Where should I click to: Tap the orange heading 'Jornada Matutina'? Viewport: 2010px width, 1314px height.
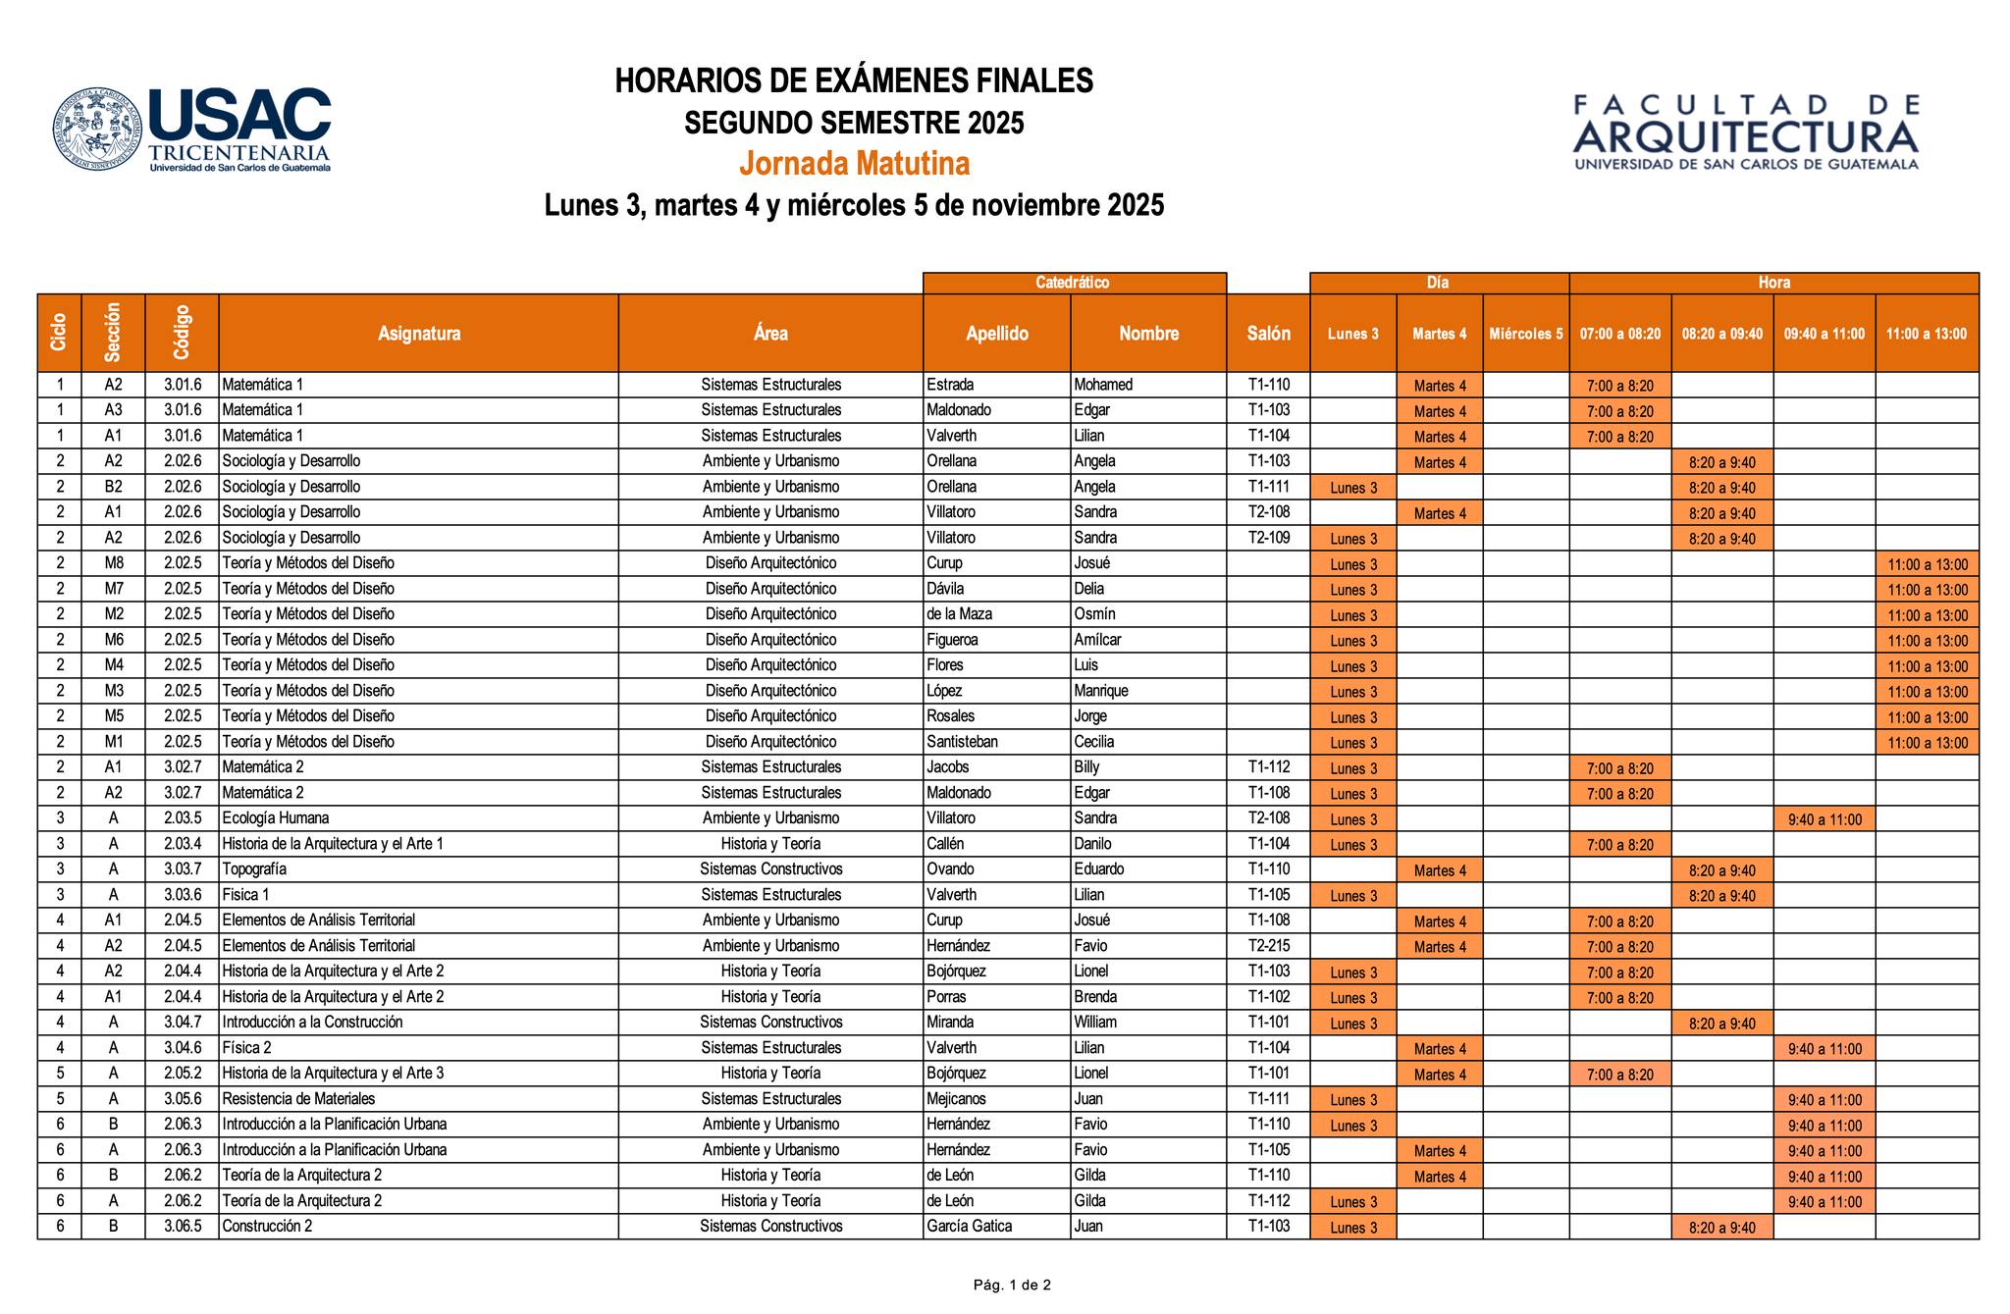point(854,163)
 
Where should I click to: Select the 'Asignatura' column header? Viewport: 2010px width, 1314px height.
point(419,334)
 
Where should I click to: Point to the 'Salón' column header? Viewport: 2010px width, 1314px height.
point(1268,334)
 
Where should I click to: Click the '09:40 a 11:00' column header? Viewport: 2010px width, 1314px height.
point(1824,334)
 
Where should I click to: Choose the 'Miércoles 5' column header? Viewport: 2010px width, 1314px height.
point(1525,334)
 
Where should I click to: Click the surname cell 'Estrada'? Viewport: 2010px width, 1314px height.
point(950,385)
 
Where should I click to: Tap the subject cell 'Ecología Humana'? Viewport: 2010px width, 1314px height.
point(276,818)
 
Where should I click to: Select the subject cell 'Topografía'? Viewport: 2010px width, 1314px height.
point(254,869)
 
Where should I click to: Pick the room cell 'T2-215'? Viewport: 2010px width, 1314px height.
point(1268,946)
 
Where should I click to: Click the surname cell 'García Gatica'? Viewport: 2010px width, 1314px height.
point(969,1227)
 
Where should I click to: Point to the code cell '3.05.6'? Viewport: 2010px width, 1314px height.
point(183,1099)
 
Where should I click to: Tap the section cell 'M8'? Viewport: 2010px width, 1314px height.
point(113,563)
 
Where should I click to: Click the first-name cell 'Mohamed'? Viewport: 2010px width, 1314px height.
point(1103,385)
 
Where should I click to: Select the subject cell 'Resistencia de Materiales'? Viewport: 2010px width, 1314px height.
point(298,1099)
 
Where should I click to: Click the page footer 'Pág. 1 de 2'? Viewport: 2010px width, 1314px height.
point(1012,1285)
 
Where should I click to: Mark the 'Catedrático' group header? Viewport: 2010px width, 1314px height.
point(1073,283)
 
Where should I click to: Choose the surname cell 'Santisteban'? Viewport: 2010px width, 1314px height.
point(962,742)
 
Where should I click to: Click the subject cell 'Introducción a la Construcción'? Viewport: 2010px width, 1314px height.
point(312,1023)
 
